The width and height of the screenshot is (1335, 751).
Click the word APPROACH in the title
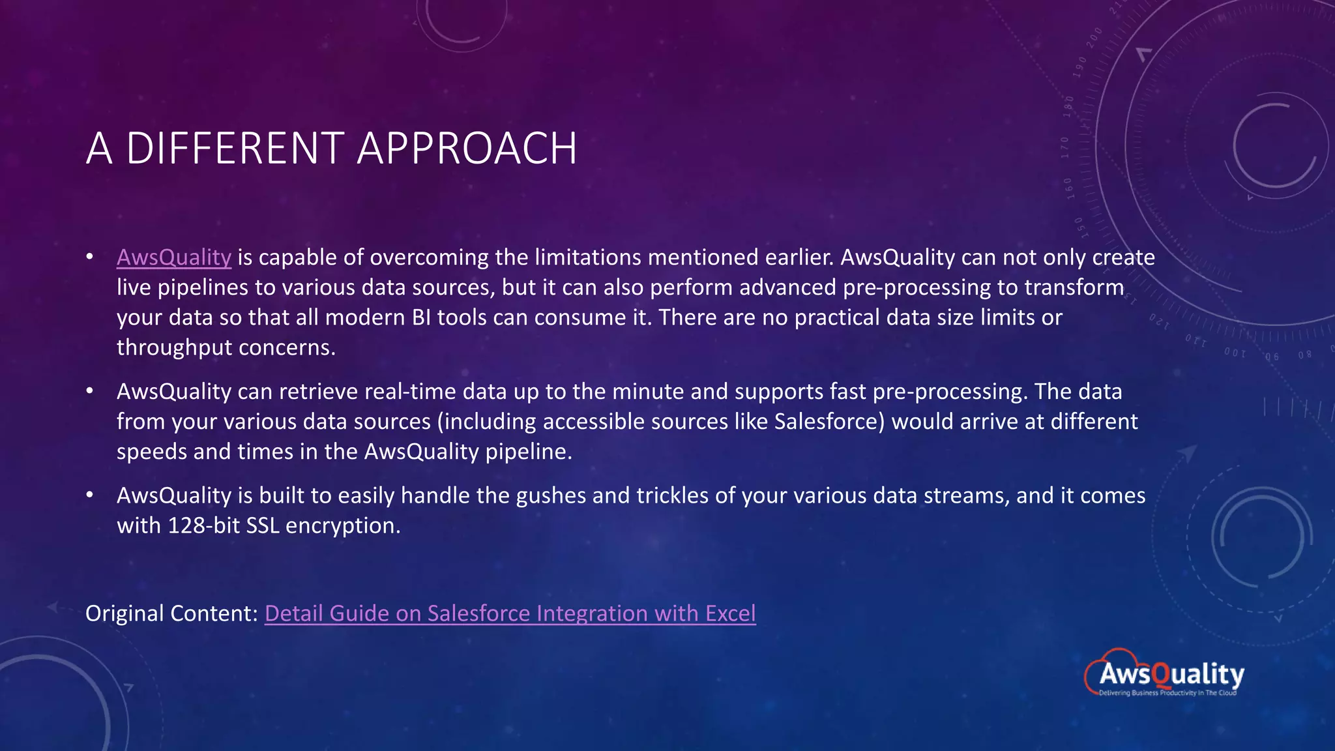click(x=467, y=148)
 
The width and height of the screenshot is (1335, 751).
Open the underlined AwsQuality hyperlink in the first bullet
click(x=173, y=258)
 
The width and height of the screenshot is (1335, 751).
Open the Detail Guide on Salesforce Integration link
click(x=510, y=613)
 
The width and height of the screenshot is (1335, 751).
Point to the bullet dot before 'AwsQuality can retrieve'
click(x=90, y=392)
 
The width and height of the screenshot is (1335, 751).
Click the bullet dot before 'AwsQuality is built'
click(x=90, y=496)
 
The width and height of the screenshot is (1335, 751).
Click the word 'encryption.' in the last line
click(x=343, y=525)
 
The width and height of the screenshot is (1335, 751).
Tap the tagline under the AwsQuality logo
click(x=1167, y=693)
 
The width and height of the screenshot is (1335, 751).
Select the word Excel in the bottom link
click(x=730, y=613)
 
